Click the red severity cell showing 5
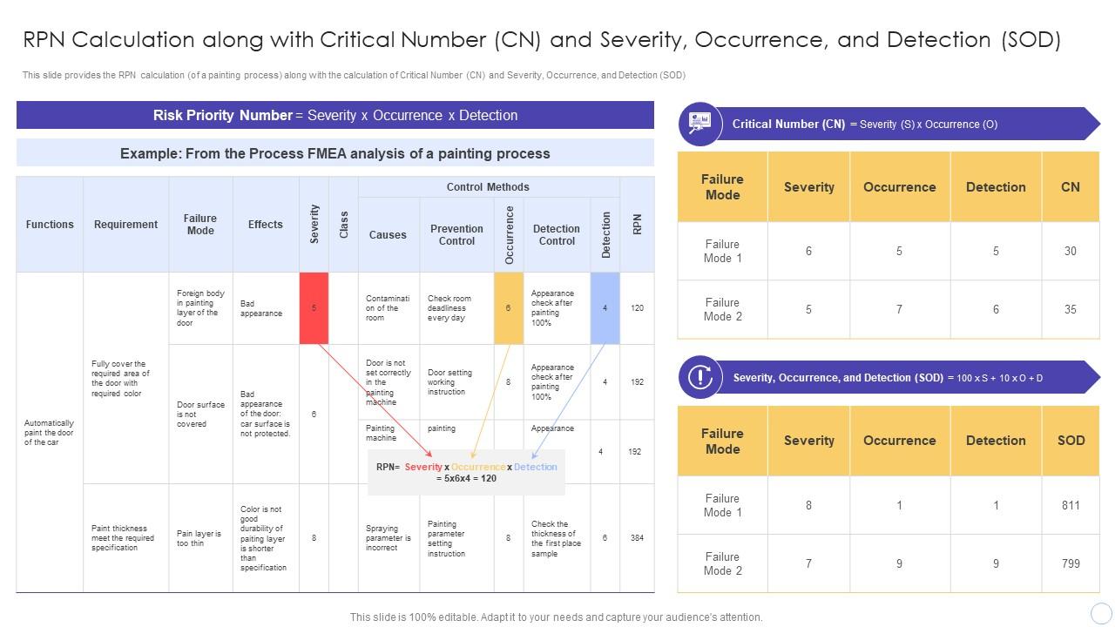314,308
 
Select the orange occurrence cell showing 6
509,308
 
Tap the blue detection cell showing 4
605,308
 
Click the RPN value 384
637,538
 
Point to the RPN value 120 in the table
637,308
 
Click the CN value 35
1070,309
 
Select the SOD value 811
1071,505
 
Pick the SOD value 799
1071,563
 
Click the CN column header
1070,187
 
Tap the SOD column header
1071,441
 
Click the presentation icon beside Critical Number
699,124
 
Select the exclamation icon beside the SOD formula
699,377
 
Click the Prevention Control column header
456,235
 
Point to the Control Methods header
488,187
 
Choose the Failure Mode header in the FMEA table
200,225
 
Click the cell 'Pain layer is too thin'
199,538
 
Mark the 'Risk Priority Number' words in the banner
222,115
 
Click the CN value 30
1070,251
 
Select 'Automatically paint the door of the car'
49,433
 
